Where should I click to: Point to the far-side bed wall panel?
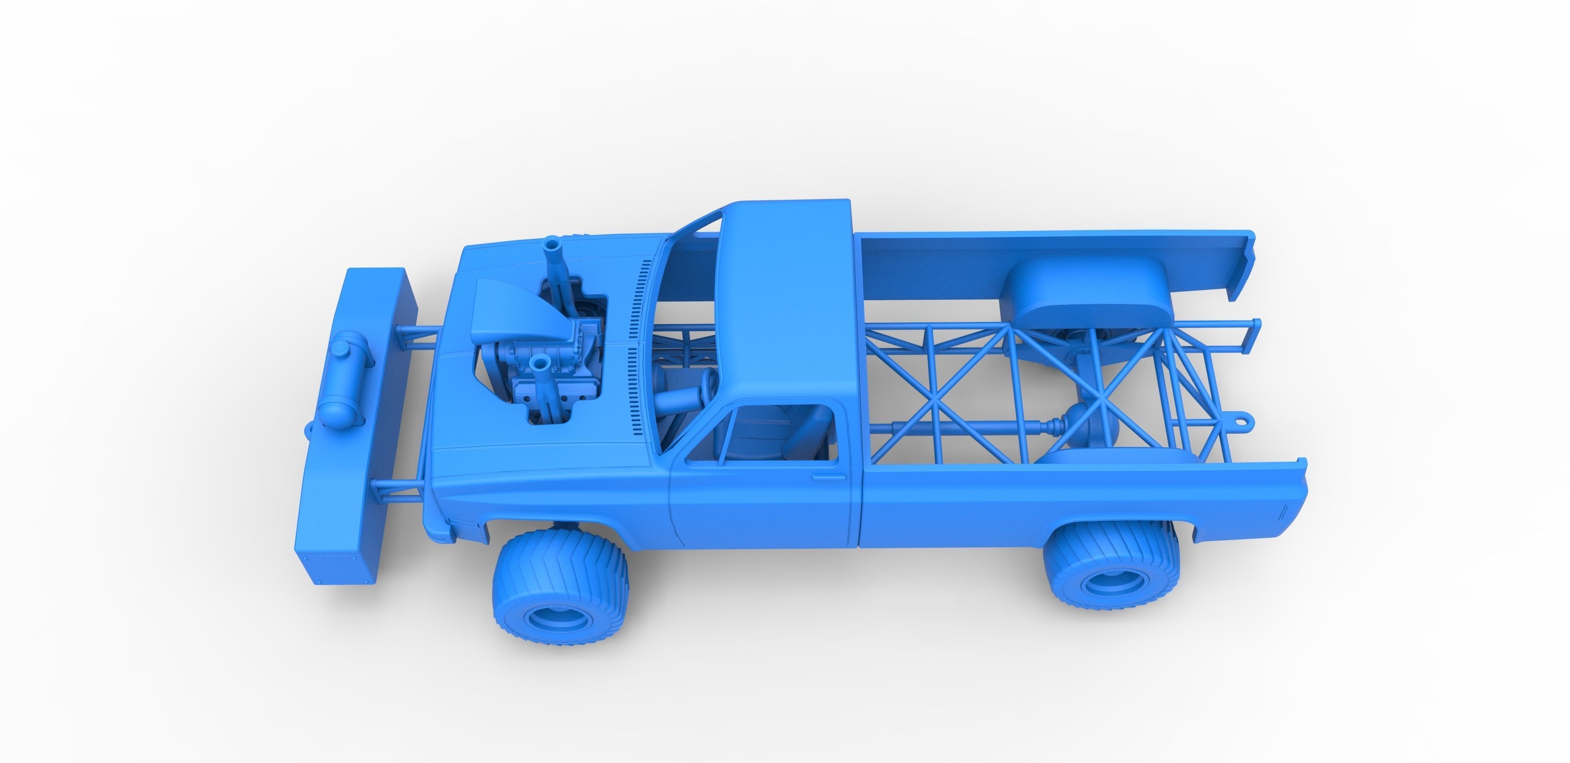pyautogui.click(x=1036, y=256)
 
